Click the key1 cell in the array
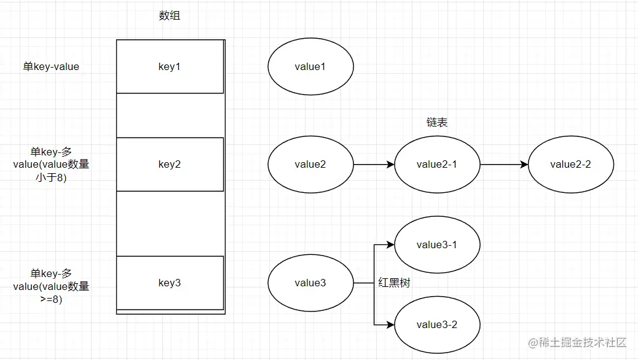[170, 67]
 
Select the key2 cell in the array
[170, 164]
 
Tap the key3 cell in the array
[170, 283]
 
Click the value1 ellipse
[310, 67]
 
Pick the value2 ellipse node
[310, 164]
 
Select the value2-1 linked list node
[437, 164]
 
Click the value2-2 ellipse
[570, 164]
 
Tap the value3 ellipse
[310, 283]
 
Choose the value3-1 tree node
[437, 245]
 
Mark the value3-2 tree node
[437, 324]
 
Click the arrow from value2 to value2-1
[374, 165]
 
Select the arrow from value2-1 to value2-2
[504, 165]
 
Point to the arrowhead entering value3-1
[390, 245]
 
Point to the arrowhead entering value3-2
[390, 324]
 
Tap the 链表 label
[437, 123]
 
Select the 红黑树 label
[394, 283]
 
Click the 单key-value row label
[51, 67]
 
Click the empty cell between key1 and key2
[170, 115]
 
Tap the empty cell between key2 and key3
[170, 224]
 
